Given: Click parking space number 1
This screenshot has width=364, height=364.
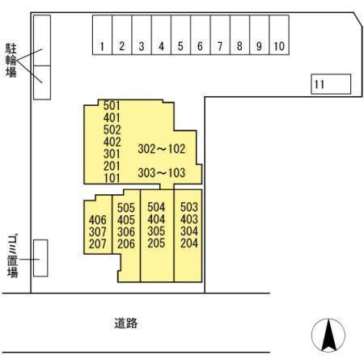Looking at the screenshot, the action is (x=102, y=35).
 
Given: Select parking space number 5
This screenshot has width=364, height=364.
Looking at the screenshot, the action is (x=181, y=35).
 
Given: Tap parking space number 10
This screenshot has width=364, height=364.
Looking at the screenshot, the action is (x=279, y=35).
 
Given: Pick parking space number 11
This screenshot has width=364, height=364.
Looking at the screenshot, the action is (x=331, y=84).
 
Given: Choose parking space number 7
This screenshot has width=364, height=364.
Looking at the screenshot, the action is (x=220, y=35).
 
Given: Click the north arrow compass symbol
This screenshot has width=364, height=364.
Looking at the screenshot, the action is (x=328, y=335).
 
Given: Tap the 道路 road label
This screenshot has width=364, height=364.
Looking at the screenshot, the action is (x=126, y=323).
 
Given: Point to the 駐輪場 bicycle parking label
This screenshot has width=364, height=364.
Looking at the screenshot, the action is (x=11, y=61).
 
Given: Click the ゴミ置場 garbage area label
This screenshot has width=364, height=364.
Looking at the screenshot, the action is (x=12, y=256).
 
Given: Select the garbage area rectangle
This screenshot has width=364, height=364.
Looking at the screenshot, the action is (x=40, y=258).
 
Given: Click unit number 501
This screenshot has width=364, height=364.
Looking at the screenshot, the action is (x=112, y=106).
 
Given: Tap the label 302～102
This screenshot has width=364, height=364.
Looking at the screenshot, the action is (x=162, y=149).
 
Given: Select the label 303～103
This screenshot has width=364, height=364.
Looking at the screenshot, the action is (x=162, y=173).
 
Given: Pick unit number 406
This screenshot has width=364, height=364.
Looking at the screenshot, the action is (x=98, y=220).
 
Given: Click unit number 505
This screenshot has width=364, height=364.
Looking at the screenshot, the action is (x=126, y=208).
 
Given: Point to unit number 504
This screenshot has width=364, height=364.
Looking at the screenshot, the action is (x=156, y=207).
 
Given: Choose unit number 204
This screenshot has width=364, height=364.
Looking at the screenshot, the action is (x=189, y=243).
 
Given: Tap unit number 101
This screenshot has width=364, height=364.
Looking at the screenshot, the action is (x=112, y=178).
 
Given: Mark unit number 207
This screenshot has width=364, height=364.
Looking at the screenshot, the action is (x=98, y=243).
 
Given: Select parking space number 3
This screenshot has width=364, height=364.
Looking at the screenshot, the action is (x=142, y=35).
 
